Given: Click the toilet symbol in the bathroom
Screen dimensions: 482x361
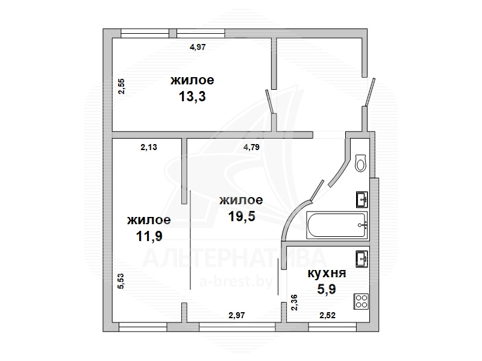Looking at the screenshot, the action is click(x=360, y=163).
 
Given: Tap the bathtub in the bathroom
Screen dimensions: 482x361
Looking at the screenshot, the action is click(x=337, y=225).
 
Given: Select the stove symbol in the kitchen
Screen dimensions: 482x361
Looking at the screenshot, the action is click(x=361, y=301).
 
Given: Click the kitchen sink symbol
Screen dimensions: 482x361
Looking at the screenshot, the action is click(x=362, y=259).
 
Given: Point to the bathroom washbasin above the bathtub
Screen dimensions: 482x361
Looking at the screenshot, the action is click(x=362, y=199).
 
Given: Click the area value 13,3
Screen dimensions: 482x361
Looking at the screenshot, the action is click(x=192, y=96).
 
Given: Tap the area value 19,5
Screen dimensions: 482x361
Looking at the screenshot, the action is click(x=242, y=216).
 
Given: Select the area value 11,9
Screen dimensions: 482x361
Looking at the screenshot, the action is click(x=149, y=236).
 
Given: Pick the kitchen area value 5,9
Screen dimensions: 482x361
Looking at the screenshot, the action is click(x=327, y=289).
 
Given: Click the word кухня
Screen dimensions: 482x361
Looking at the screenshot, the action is click(x=327, y=273).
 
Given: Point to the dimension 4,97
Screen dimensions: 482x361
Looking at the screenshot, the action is click(x=198, y=47).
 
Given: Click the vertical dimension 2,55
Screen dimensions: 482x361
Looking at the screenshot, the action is click(x=122, y=86).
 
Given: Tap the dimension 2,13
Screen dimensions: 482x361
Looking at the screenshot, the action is click(x=149, y=147).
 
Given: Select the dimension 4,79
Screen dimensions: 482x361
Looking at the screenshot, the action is click(x=251, y=147).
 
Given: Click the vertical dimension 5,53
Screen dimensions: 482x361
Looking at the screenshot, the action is click(x=121, y=281).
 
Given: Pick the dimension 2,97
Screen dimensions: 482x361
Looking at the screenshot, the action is click(x=237, y=315).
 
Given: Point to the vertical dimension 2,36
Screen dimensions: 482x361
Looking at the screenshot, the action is click(x=294, y=303).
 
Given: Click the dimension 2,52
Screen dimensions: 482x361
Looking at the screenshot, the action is click(x=327, y=315).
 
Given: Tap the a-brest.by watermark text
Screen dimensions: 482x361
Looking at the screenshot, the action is click(x=236, y=281).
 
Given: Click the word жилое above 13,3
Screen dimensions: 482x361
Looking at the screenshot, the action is click(x=192, y=80).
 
